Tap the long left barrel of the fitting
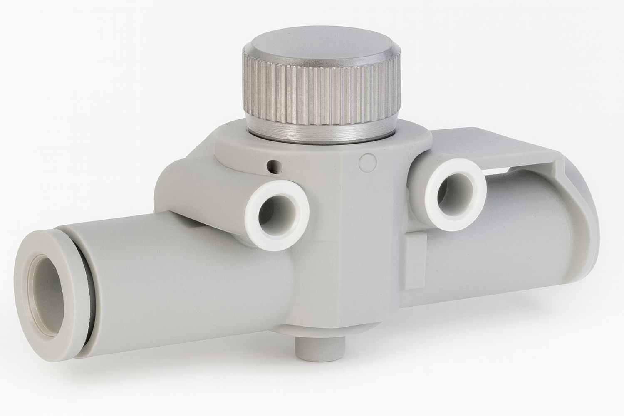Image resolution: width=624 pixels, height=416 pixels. click(187, 283)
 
